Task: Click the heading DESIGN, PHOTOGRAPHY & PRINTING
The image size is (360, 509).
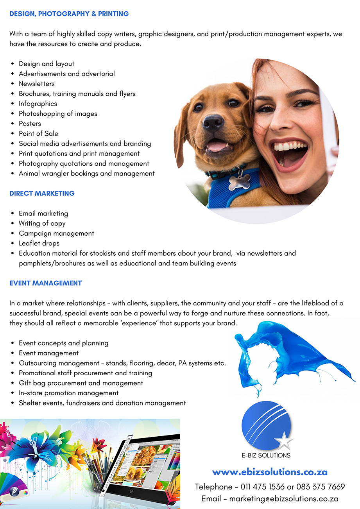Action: click(x=69, y=14)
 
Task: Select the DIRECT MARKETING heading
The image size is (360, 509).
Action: click(x=42, y=194)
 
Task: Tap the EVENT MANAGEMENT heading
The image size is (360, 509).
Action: click(x=45, y=283)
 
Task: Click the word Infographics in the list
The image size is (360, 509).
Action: click(x=38, y=104)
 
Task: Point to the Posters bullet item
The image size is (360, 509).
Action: click(x=30, y=124)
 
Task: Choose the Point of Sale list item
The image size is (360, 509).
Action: click(x=38, y=134)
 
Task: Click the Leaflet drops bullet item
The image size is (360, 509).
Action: click(x=39, y=243)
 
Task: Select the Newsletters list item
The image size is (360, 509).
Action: click(x=37, y=84)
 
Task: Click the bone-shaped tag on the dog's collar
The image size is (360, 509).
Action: click(x=239, y=182)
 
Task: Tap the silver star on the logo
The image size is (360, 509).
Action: click(x=284, y=442)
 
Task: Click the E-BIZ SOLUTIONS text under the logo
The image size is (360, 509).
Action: click(x=266, y=455)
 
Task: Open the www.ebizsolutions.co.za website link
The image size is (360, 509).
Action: click(x=270, y=472)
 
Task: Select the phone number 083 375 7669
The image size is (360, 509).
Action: click(x=321, y=487)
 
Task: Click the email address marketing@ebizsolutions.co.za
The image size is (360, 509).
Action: click(x=283, y=499)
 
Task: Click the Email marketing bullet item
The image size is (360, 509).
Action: click(x=43, y=213)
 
